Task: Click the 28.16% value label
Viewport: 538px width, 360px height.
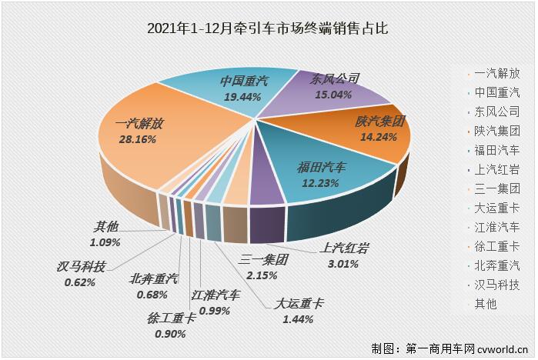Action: click(x=135, y=139)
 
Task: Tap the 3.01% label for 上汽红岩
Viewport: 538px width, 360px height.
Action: click(x=345, y=263)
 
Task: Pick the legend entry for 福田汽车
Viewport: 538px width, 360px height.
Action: click(x=496, y=150)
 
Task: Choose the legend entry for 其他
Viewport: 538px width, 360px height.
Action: click(x=486, y=304)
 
